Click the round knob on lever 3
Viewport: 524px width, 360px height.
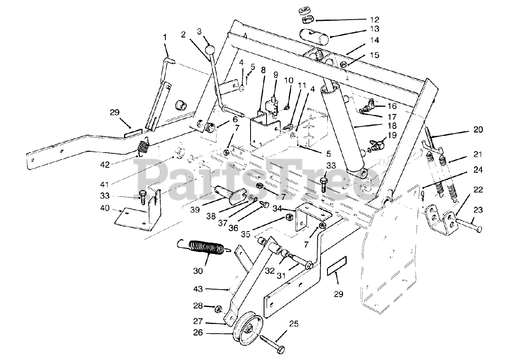click(x=210, y=50)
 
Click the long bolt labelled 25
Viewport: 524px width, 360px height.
click(x=272, y=344)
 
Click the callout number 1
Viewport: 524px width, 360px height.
click(x=165, y=37)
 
